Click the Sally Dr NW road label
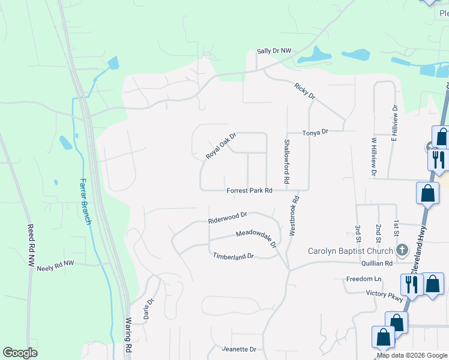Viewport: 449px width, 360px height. point(274,52)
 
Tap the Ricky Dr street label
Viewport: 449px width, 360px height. point(305,92)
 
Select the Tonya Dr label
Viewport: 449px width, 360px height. point(316,132)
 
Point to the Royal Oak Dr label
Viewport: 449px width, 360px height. point(221,146)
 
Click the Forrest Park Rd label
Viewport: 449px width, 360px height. point(250,190)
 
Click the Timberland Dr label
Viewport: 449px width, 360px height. point(234,256)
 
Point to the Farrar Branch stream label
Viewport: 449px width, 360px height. point(86,201)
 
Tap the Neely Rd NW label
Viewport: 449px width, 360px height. point(55,263)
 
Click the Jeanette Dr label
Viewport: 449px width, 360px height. point(239,349)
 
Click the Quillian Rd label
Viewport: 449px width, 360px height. point(377,263)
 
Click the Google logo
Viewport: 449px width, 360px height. point(20,353)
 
